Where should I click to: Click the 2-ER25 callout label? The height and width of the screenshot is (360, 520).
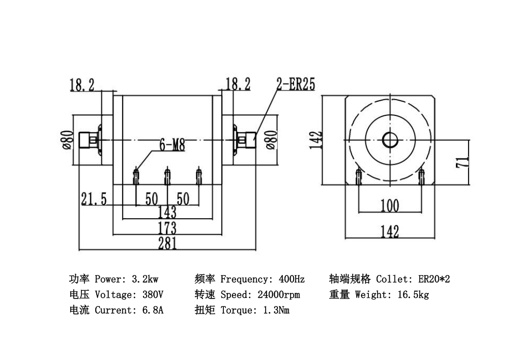pyautogui.click(x=296, y=84)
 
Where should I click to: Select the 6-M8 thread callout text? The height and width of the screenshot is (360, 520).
pyautogui.click(x=172, y=145)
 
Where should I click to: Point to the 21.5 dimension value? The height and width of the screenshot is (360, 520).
pyautogui.click(x=94, y=199)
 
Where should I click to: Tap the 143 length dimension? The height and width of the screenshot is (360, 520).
pyautogui.click(x=167, y=212)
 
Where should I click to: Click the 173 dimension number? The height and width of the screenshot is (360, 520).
pyautogui.click(x=167, y=227)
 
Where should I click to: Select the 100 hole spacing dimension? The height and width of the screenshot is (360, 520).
pyautogui.click(x=390, y=206)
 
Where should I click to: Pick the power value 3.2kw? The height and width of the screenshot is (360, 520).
pyautogui.click(x=145, y=279)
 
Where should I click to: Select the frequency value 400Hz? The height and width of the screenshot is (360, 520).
pyautogui.click(x=292, y=279)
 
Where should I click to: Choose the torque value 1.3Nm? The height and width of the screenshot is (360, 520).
pyautogui.click(x=276, y=310)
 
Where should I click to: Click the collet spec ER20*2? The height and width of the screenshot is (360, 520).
pyautogui.click(x=434, y=279)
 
